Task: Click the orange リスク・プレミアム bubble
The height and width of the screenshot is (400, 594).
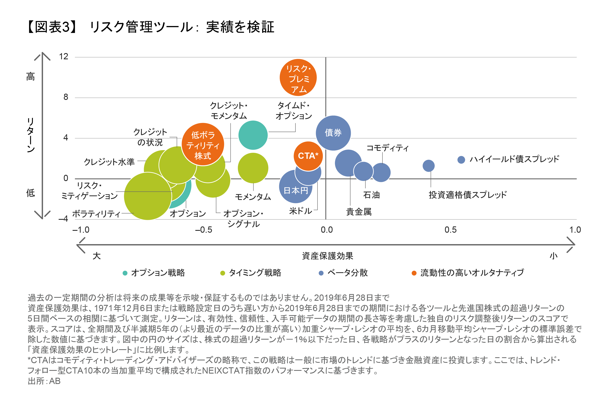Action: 298,78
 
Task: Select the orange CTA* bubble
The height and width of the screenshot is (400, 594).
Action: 308,156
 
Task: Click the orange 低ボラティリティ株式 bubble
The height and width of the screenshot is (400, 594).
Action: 203,145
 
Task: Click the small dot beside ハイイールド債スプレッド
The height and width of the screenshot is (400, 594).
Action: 461,160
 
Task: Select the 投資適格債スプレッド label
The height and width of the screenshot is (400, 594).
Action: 467,195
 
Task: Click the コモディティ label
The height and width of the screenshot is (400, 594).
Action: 387,148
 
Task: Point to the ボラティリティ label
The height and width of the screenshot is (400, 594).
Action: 96,214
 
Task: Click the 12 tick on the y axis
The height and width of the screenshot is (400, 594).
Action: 63,57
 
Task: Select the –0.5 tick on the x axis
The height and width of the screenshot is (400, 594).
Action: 203,230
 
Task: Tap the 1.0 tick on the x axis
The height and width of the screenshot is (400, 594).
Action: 575,230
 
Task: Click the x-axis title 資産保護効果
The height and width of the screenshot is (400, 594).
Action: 327,256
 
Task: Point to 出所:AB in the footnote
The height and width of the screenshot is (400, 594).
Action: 44,381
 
